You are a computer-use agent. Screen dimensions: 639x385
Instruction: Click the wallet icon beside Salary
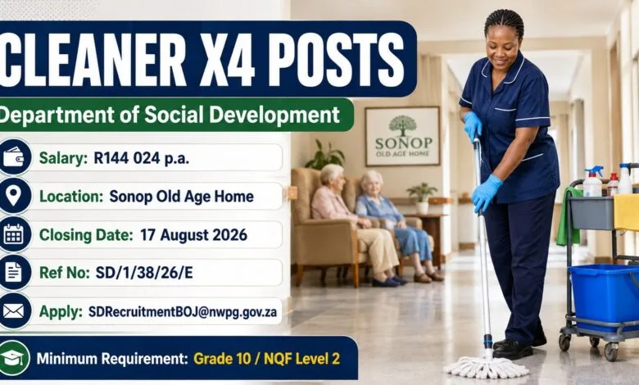click(x=13, y=156)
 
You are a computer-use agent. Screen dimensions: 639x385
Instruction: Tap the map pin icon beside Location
click(x=13, y=196)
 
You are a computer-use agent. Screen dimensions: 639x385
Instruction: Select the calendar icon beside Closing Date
click(x=13, y=234)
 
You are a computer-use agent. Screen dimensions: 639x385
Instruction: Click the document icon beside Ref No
click(x=13, y=272)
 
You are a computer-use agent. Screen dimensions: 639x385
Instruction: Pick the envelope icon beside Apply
click(x=13, y=310)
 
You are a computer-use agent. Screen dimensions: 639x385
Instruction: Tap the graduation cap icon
click(x=13, y=358)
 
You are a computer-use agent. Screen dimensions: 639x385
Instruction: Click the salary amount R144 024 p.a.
click(x=142, y=158)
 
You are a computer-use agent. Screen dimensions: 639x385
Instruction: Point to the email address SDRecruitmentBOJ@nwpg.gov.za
click(x=183, y=312)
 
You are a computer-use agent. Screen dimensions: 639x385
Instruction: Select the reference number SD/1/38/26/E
click(x=144, y=273)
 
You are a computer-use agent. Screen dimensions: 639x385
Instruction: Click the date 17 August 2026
click(x=193, y=235)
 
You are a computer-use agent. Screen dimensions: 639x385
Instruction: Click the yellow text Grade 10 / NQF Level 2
click(x=266, y=359)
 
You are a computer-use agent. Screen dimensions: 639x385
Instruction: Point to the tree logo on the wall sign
click(x=402, y=126)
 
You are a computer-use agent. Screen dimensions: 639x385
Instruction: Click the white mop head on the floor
click(x=486, y=367)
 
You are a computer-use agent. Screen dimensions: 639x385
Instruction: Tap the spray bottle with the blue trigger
click(x=593, y=182)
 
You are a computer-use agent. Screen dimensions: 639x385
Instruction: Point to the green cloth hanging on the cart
click(x=567, y=217)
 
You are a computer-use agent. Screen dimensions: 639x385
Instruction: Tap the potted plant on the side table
click(x=422, y=198)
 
